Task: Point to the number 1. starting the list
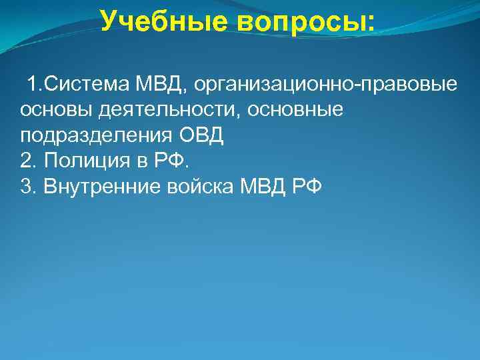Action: coord(34,85)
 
